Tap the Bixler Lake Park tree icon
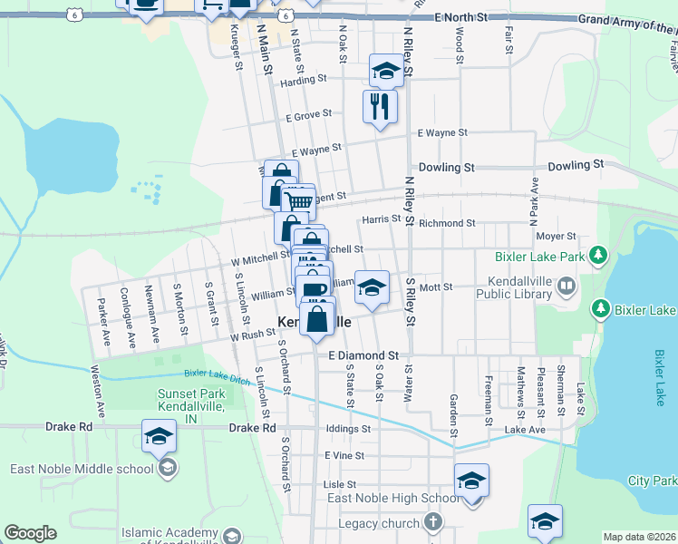tap(597, 257)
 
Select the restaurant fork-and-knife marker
tap(380, 106)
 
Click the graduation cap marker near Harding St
tap(386, 72)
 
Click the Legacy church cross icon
tap(433, 522)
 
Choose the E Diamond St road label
tap(363, 355)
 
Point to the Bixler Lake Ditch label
tap(216, 374)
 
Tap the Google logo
tap(30, 533)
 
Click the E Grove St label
tap(309, 116)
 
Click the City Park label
tap(652, 480)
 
